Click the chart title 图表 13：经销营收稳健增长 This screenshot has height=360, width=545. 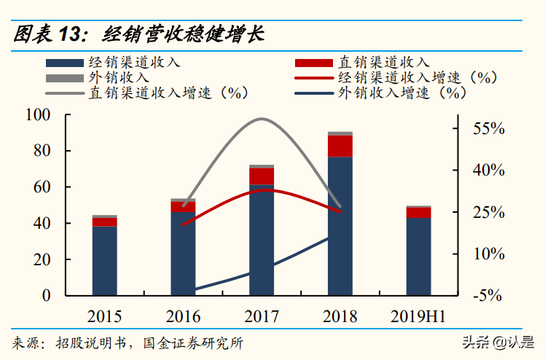point(138,34)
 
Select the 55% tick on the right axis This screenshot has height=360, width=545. point(488,128)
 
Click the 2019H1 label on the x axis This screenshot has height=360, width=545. point(418,316)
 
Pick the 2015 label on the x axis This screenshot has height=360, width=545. point(105,316)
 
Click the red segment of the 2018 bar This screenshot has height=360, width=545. point(340,146)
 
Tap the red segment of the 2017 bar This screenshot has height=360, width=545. point(262,176)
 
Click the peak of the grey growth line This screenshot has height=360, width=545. point(262,119)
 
